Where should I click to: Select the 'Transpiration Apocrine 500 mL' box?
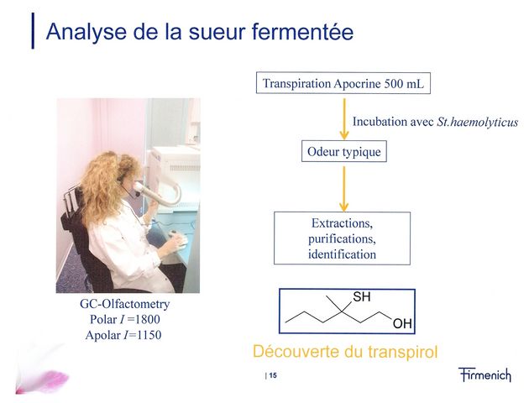click(x=343, y=83)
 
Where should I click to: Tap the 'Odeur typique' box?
click(x=343, y=151)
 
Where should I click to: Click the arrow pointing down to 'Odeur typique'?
click(x=344, y=118)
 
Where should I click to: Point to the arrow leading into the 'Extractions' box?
click(x=343, y=189)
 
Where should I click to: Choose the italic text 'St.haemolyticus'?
click(x=478, y=122)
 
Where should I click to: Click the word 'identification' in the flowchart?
click(x=342, y=254)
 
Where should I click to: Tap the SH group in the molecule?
click(x=362, y=296)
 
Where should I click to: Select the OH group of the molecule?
click(x=402, y=324)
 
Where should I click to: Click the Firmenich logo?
click(x=484, y=374)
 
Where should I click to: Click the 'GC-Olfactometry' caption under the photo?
click(x=125, y=304)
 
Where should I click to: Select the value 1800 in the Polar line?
click(x=147, y=319)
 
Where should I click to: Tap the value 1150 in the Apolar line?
click(x=149, y=335)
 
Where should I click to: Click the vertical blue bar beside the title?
click(x=33, y=31)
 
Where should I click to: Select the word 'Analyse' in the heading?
click(x=86, y=32)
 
